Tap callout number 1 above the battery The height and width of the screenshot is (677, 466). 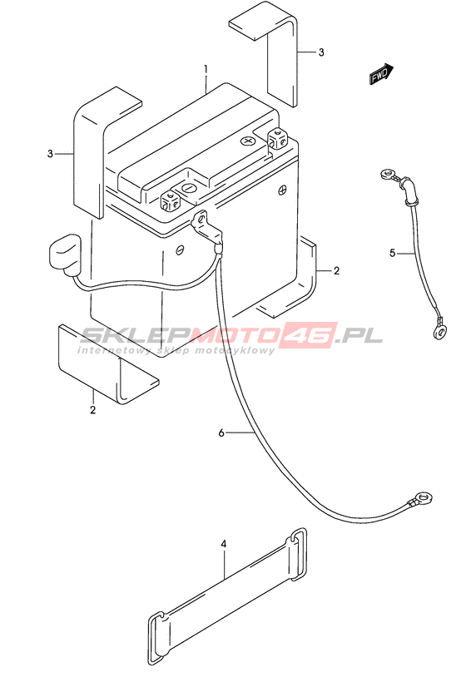point(206,69)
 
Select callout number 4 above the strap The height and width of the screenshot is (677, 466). point(223,545)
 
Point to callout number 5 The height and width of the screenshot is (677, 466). point(392,253)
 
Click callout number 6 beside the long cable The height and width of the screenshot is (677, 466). point(221,432)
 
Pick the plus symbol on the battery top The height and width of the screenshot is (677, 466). point(247,141)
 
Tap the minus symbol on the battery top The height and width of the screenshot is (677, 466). point(189,188)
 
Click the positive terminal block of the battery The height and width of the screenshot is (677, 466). point(278,138)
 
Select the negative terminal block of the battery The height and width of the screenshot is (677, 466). point(170,200)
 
